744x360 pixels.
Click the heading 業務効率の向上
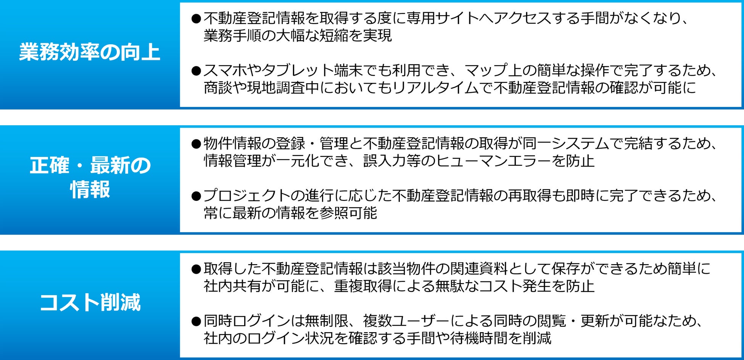click(90, 52)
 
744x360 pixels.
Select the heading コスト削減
click(90, 303)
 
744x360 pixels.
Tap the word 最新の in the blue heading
click(121, 166)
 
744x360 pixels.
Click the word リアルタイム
click(436, 88)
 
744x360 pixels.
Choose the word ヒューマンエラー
click(494, 161)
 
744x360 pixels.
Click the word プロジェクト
click(247, 195)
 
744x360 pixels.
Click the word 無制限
click(327, 321)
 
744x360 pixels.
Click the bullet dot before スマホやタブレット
click(196, 71)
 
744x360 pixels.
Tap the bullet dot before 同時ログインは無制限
click(196, 321)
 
